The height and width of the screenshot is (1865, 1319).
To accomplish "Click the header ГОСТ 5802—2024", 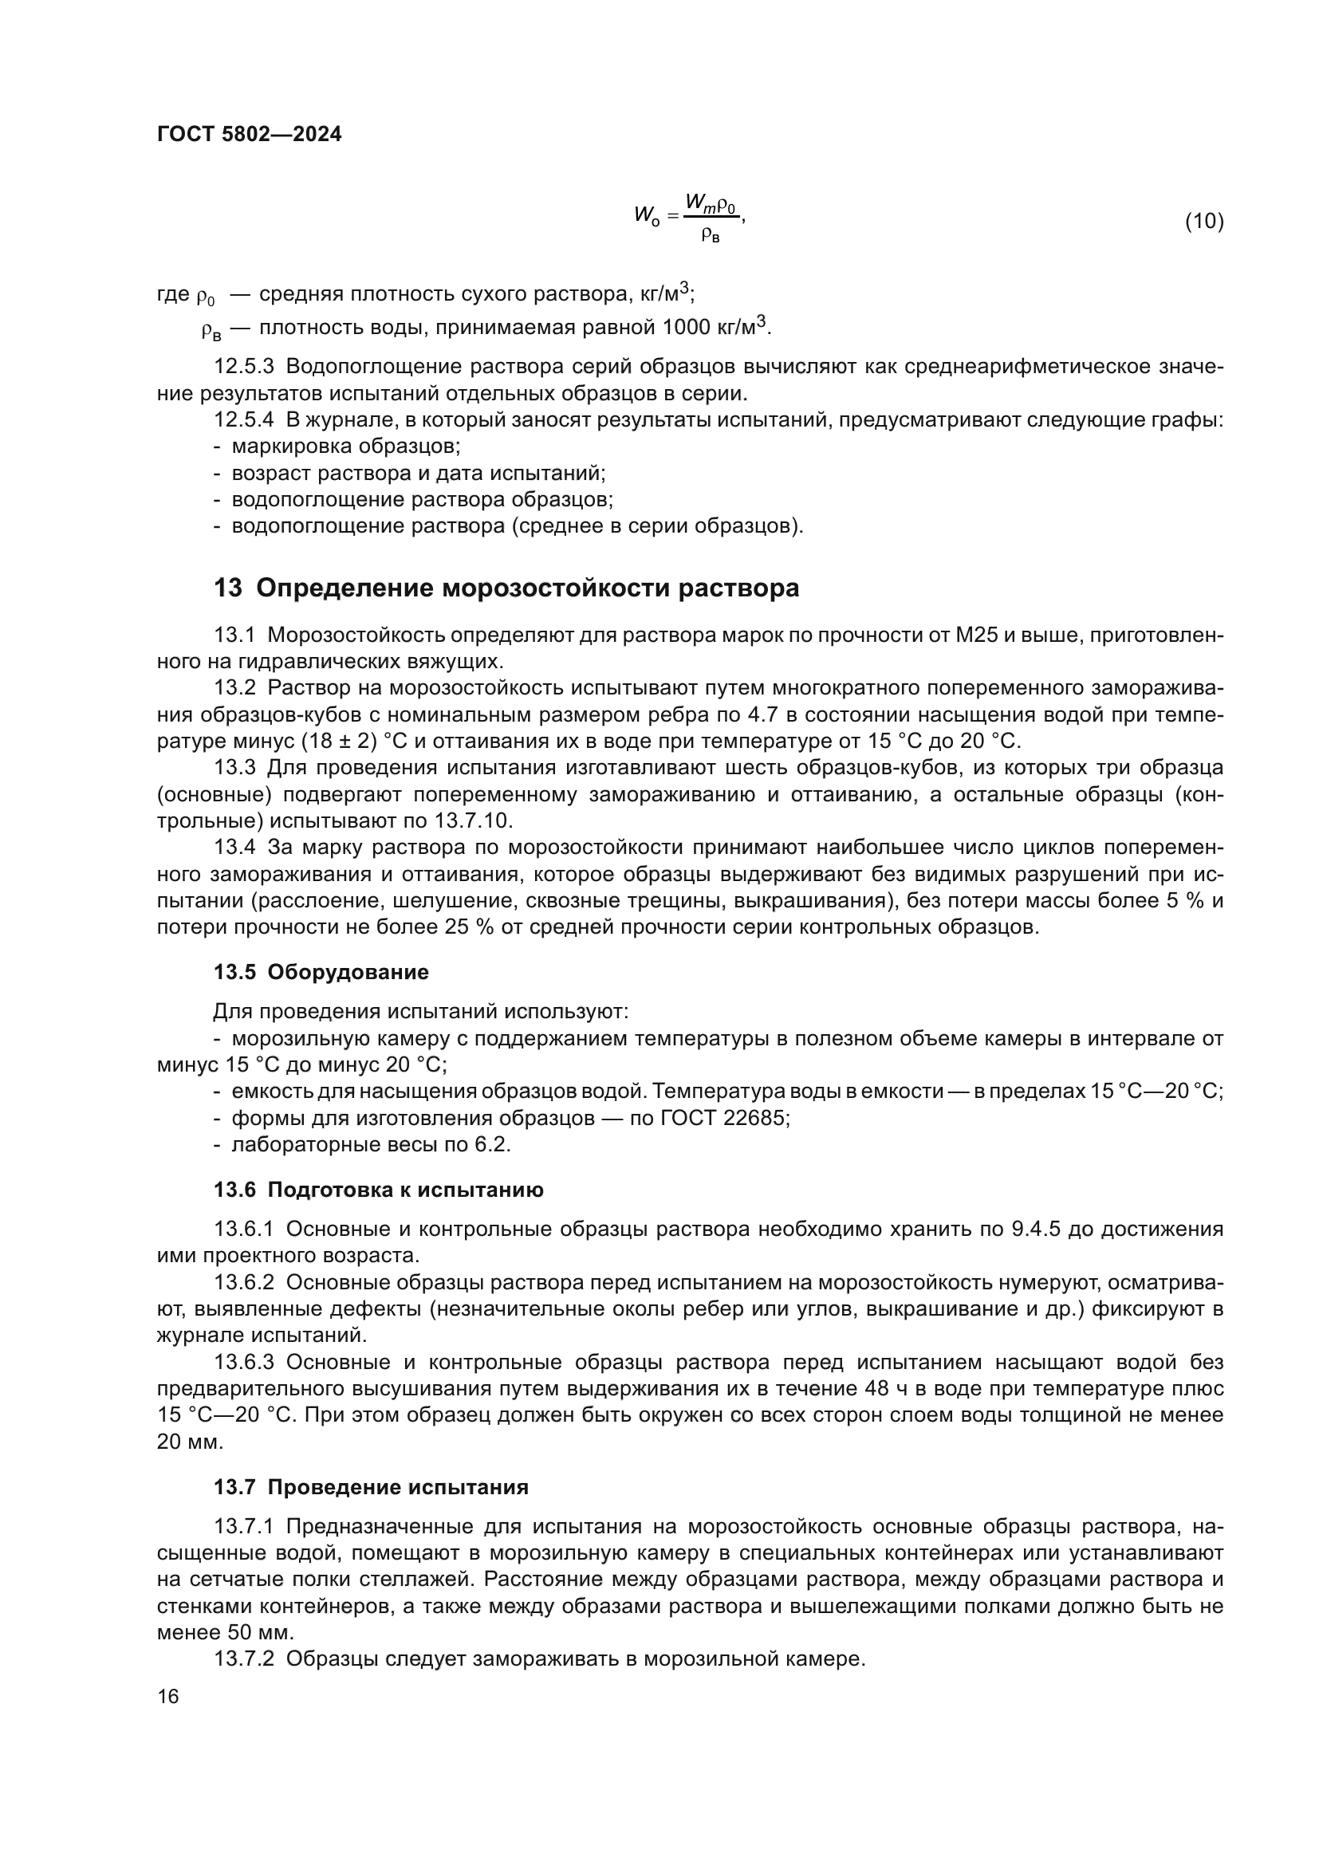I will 249,134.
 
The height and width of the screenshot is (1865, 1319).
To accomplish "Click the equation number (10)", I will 1203,221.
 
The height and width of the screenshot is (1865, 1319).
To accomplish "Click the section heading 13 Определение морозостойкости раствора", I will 506,588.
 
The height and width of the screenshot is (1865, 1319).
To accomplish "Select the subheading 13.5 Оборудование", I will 321,972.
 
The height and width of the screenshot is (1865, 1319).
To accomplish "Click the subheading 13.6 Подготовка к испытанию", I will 379,1190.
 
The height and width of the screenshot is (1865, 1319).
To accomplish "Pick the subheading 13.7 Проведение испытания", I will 370,1487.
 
